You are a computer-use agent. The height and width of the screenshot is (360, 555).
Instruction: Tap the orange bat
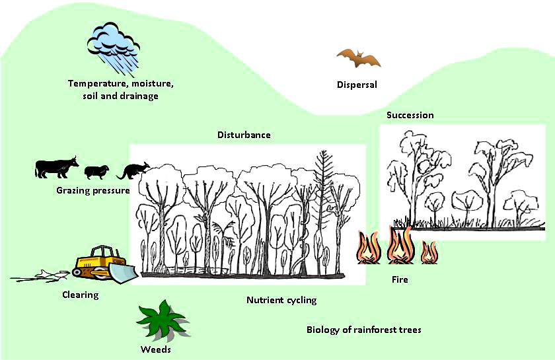(x=358, y=59)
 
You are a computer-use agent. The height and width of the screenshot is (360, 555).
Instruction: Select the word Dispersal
(x=357, y=85)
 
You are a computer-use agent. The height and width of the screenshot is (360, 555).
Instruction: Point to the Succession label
(x=410, y=115)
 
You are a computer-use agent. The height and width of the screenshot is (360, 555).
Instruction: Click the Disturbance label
(x=244, y=135)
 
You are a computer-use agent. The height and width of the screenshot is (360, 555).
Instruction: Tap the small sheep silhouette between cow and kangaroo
(x=96, y=172)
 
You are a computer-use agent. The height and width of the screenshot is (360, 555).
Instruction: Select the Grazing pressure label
(x=92, y=190)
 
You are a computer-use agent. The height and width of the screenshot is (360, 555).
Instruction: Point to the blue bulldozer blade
(x=123, y=271)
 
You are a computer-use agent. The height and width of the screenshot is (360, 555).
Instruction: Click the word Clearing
(x=80, y=295)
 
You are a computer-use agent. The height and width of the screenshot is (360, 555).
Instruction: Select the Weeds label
(x=156, y=349)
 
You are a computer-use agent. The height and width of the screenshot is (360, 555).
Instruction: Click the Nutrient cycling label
(x=281, y=300)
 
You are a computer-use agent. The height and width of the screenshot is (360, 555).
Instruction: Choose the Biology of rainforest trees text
(x=363, y=330)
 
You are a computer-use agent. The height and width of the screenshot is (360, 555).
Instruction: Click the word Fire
(x=399, y=279)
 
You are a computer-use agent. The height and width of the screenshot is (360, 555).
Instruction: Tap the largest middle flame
(x=399, y=246)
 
